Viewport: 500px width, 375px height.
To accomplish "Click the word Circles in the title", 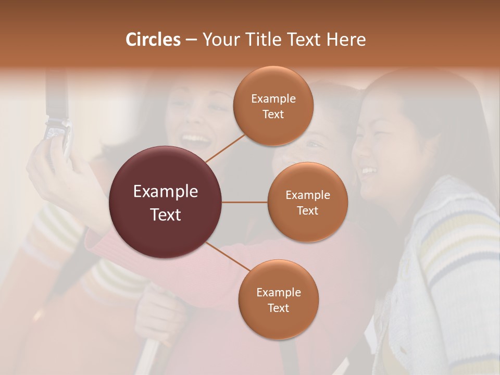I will click(x=153, y=40).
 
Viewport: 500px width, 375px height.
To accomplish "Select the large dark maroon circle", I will click(x=166, y=202).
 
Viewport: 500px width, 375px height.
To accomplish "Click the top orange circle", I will click(x=273, y=106).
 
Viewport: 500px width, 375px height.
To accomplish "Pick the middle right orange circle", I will click(x=308, y=202).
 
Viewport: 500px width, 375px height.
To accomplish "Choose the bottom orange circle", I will click(x=279, y=299).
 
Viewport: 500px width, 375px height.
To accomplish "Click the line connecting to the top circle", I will click(x=225, y=148).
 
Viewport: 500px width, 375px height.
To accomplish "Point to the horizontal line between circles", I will click(x=245, y=202).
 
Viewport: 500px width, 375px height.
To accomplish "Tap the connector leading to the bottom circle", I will click(x=228, y=256).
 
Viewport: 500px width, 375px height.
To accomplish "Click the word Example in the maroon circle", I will click(x=166, y=191).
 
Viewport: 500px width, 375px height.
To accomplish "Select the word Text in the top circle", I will click(x=273, y=114).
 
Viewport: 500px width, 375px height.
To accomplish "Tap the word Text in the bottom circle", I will click(x=278, y=308).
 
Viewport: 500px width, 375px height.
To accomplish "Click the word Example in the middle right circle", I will click(x=308, y=195).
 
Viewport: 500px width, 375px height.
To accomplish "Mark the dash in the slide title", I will click(x=191, y=40).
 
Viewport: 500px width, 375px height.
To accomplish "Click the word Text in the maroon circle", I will click(x=166, y=214).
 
